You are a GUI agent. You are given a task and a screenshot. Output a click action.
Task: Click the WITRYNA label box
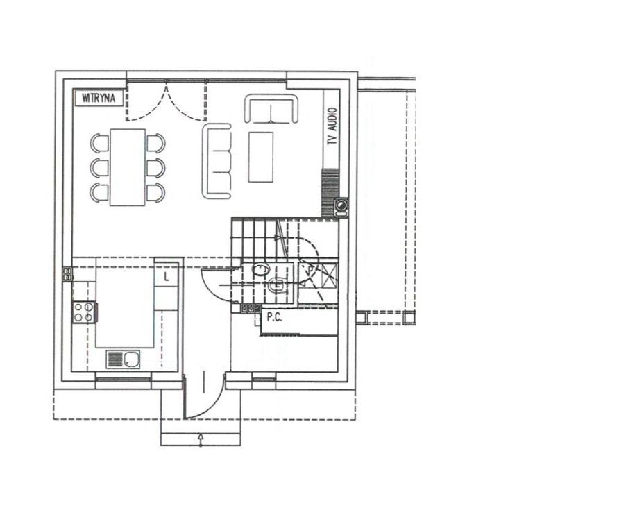[x=99, y=98]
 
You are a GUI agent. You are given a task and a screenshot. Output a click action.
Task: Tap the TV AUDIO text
[x=332, y=126]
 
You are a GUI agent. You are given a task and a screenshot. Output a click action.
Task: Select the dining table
[x=128, y=167]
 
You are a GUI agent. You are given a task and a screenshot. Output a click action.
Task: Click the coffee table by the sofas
[x=261, y=157]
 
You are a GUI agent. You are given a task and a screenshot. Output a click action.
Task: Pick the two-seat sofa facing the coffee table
[x=271, y=108]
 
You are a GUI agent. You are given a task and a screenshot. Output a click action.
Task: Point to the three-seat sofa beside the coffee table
[x=217, y=161]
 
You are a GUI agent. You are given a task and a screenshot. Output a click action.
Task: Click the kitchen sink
[x=124, y=359]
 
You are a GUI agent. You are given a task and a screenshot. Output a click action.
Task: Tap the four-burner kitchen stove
[x=84, y=312]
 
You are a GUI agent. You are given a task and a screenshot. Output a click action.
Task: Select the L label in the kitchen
[x=167, y=277]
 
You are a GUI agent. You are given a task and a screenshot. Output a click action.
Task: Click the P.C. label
[x=274, y=317]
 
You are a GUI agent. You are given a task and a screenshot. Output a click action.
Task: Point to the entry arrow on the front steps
[x=201, y=439]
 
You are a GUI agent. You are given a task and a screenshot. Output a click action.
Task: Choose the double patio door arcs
[x=166, y=103]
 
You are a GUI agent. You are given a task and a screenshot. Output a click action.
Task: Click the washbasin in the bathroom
[x=260, y=270]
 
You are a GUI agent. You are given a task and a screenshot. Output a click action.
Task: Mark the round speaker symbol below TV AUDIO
[x=341, y=204]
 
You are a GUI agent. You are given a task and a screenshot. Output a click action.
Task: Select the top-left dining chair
[x=99, y=143]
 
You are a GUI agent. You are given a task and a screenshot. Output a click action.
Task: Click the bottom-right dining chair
[x=155, y=192]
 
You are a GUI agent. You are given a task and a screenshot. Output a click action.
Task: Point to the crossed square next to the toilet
[x=328, y=271]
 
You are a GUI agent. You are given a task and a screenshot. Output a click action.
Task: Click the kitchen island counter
[x=125, y=303]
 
